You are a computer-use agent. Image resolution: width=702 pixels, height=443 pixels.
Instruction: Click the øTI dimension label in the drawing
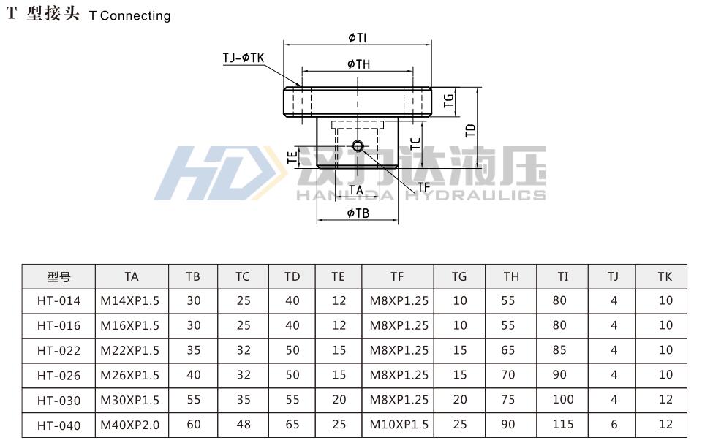pyautogui.click(x=358, y=37)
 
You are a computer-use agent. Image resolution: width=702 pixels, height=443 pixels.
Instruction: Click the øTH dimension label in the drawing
pyautogui.click(x=358, y=64)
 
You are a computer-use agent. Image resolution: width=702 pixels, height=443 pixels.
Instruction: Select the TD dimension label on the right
pyautogui.click(x=470, y=130)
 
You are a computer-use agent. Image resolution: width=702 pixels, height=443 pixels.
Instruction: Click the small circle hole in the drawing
pyautogui.click(x=357, y=145)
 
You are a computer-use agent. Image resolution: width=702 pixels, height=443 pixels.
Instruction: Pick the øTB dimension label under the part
pyautogui.click(x=358, y=213)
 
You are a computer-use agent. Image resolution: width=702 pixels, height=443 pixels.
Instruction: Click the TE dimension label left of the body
pyautogui.click(x=292, y=156)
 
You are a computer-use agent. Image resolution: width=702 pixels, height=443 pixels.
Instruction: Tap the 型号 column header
pyautogui.click(x=58, y=276)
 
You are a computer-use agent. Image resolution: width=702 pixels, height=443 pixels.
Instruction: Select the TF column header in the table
pyautogui.click(x=397, y=276)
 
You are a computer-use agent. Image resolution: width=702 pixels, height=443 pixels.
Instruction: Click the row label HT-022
pyautogui.click(x=58, y=351)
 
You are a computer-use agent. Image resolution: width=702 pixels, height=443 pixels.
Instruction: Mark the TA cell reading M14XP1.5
pyautogui.click(x=131, y=300)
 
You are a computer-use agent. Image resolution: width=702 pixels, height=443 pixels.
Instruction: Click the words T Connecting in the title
pyautogui.click(x=129, y=15)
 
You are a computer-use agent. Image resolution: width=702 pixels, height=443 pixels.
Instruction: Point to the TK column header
pyautogui.click(x=664, y=276)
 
